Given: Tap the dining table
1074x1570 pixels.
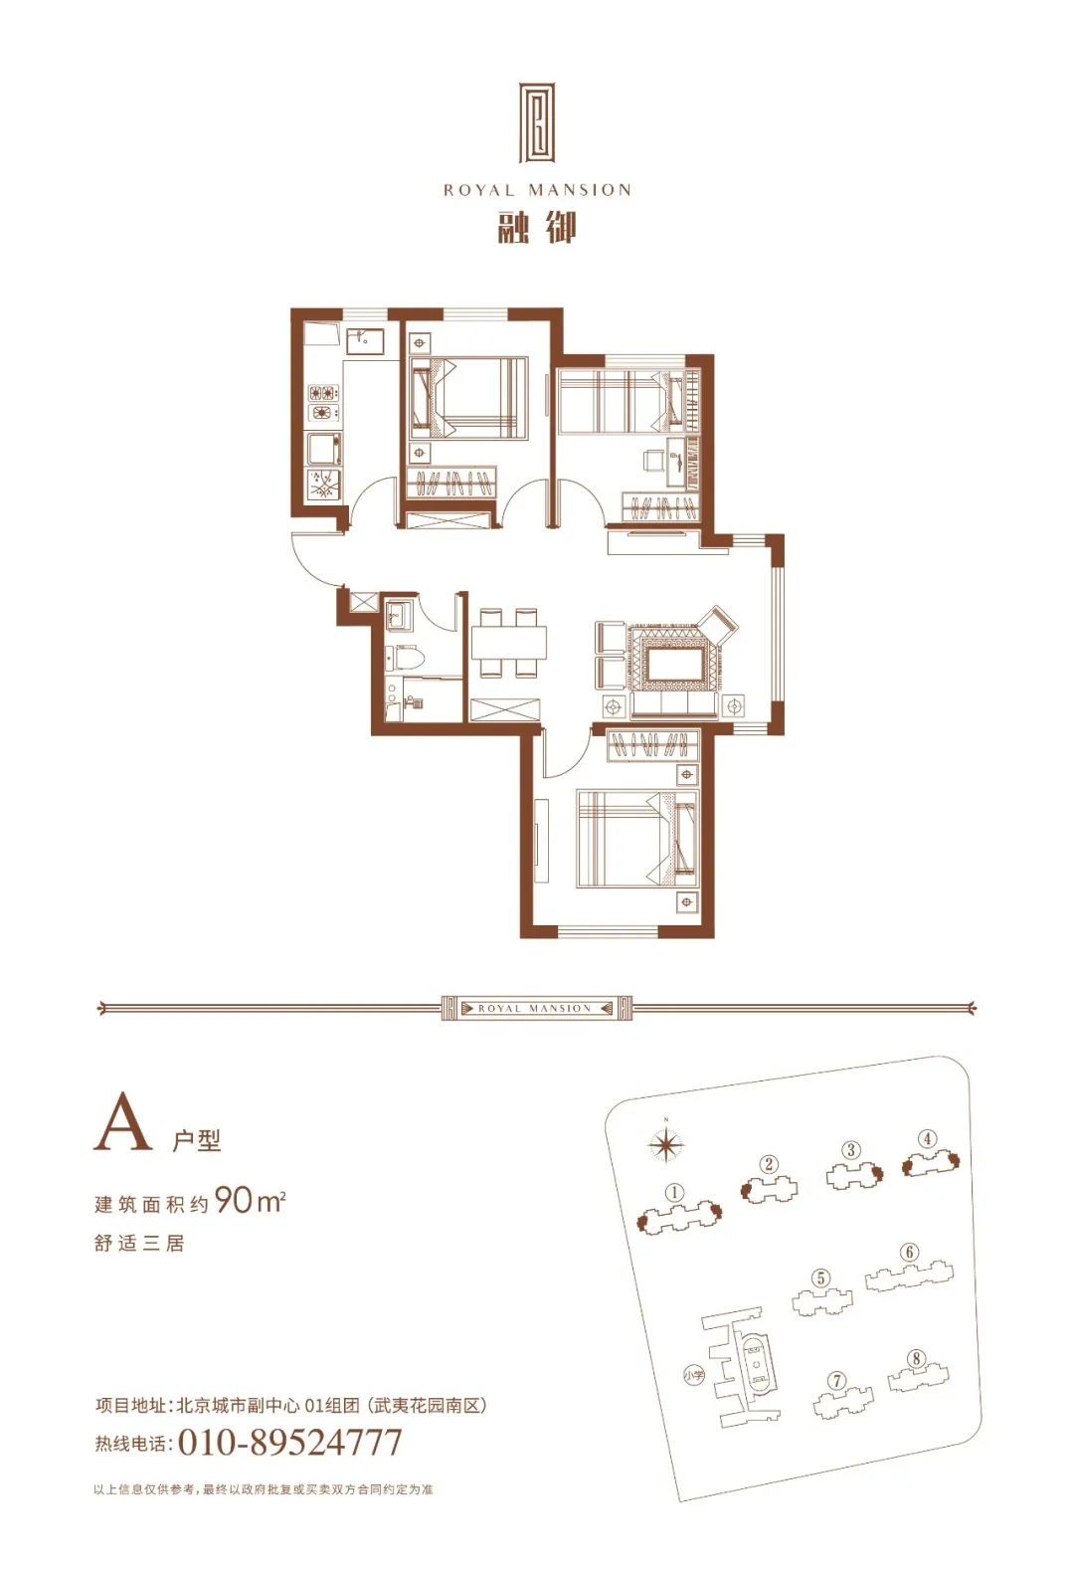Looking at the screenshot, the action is (509, 643).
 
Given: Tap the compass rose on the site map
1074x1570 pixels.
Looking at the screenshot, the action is (666, 1145).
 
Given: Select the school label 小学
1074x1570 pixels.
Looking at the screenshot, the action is (693, 1376).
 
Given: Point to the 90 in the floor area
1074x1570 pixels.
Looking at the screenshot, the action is (234, 1201).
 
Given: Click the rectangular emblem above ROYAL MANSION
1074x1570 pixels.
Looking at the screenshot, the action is (537, 124).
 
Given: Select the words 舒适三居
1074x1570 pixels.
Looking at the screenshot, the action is (139, 1244).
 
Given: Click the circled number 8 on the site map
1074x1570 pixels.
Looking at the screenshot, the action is (916, 1359).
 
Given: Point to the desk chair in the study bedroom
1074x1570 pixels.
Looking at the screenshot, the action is (654, 461).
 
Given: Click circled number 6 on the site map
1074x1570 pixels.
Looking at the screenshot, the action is (909, 1253).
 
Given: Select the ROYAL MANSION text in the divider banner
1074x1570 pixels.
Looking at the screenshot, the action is (536, 1009).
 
